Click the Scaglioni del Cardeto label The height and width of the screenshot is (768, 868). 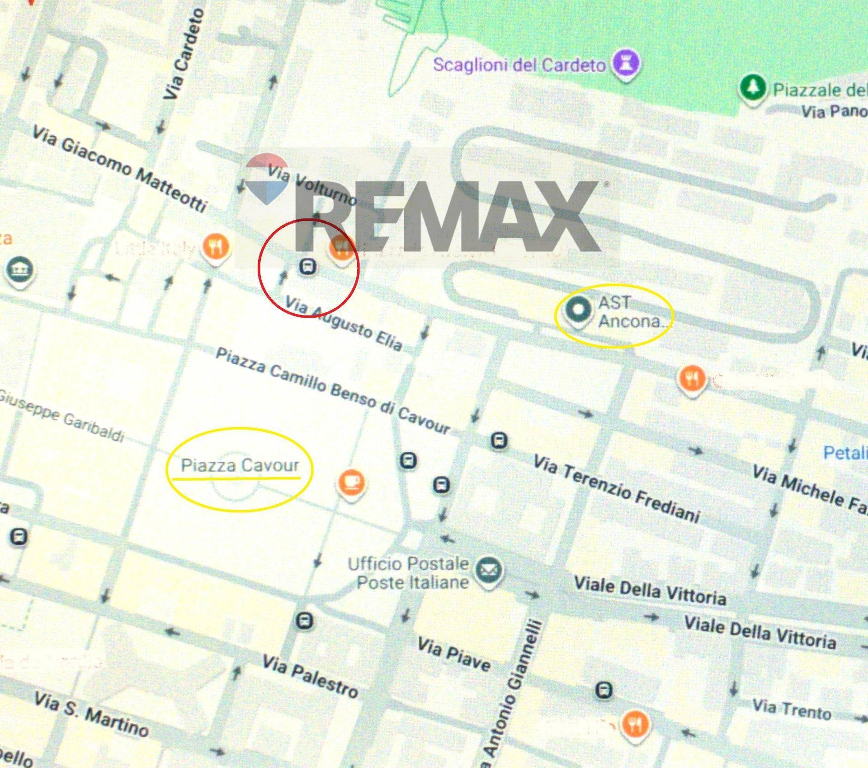click(519, 65)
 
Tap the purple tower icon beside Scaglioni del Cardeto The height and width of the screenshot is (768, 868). click(626, 63)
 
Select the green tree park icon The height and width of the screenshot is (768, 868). click(753, 88)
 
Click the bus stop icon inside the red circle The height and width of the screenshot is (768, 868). click(308, 267)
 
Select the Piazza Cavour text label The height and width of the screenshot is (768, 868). click(240, 465)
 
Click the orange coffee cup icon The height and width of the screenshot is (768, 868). click(351, 482)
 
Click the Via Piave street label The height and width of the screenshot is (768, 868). click(453, 654)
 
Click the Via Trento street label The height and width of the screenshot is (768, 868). click(792, 709)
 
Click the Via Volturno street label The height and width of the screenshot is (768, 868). click(311, 184)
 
